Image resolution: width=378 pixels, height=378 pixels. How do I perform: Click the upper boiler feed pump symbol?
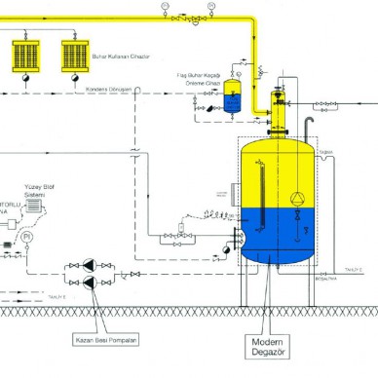click(89, 264)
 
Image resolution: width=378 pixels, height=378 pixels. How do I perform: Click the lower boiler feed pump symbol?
click(89, 283)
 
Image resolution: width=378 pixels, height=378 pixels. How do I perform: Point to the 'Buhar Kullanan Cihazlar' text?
click(120, 57)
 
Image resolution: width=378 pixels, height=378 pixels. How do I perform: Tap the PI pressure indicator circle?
click(27, 237)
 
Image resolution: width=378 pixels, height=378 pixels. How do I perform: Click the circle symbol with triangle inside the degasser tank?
click(296, 198)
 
